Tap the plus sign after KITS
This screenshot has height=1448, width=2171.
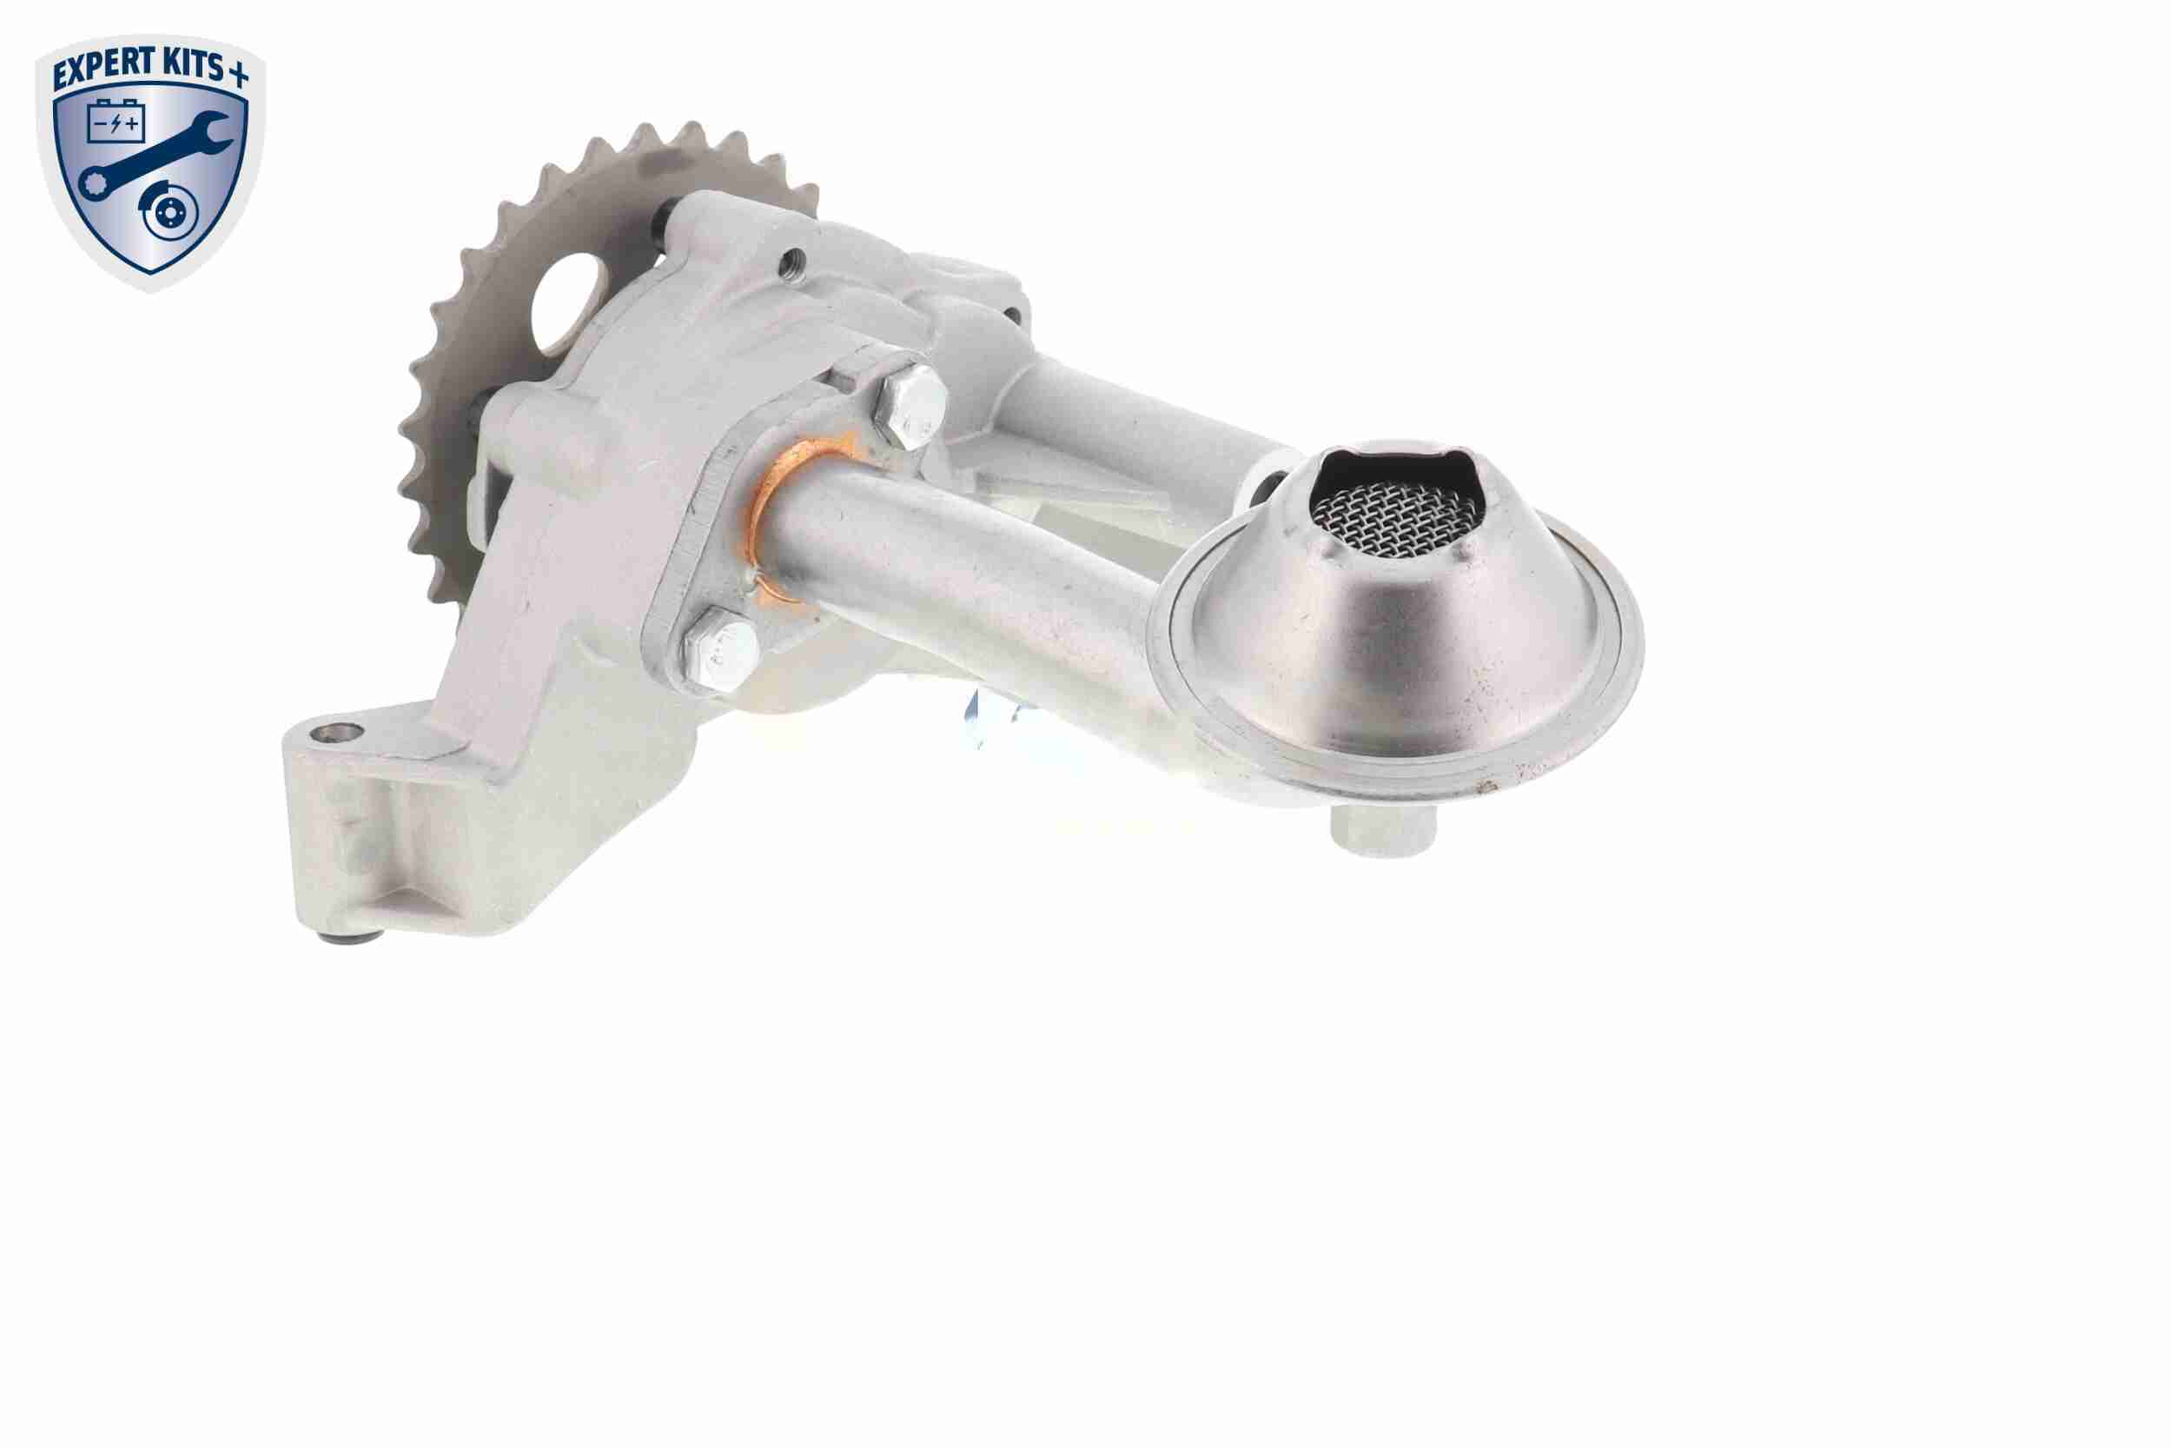coord(238,75)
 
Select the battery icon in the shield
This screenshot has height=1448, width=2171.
coord(117,122)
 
